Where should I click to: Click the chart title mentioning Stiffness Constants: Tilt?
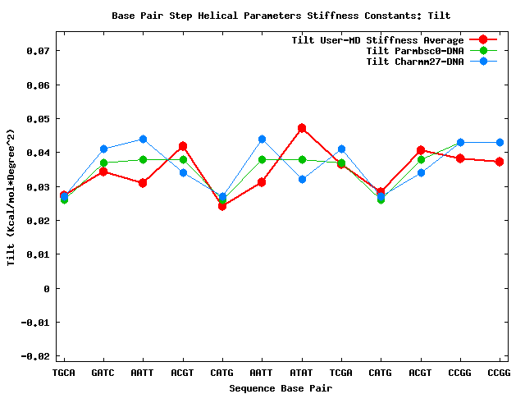click(x=281, y=16)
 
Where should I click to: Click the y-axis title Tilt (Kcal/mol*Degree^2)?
click(x=11, y=197)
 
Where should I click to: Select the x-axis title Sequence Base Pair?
click(x=281, y=387)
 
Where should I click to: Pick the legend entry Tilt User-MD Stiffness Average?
click(x=377, y=40)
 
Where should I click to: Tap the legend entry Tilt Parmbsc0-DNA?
click(x=414, y=51)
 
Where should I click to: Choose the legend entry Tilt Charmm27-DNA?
click(x=414, y=62)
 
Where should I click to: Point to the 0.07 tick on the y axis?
click(x=38, y=51)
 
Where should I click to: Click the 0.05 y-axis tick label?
click(x=38, y=119)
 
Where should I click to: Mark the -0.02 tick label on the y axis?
click(x=34, y=356)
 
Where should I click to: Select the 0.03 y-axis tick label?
click(x=38, y=187)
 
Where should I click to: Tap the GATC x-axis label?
click(x=103, y=373)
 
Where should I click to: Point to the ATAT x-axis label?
click(x=302, y=373)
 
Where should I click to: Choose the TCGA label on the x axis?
click(x=341, y=373)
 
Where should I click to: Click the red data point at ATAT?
click(x=302, y=128)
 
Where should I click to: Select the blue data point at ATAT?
click(x=302, y=179)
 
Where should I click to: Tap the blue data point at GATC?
click(x=103, y=149)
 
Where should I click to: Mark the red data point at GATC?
click(x=103, y=172)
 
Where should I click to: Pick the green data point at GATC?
click(x=103, y=163)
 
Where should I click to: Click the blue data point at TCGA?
click(x=341, y=149)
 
